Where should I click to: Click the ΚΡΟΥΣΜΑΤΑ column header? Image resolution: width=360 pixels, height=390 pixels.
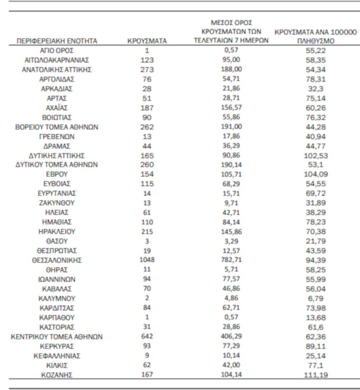click(147, 41)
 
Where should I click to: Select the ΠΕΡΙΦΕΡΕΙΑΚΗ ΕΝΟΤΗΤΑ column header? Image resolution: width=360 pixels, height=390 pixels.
click(57, 41)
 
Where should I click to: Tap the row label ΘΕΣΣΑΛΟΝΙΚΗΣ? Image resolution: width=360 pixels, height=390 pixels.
click(57, 260)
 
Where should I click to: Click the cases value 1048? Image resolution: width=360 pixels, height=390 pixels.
click(147, 260)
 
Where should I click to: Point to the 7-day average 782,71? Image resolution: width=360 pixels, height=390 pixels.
click(231, 260)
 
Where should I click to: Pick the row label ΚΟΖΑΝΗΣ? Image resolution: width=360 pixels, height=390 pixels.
click(57, 375)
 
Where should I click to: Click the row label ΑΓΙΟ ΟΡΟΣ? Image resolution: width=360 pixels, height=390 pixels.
click(57, 50)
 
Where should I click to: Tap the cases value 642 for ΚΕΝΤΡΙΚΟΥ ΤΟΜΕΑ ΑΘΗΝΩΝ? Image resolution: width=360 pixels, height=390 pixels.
click(147, 336)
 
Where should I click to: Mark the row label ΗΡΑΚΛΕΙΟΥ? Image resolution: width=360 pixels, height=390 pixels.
click(57, 231)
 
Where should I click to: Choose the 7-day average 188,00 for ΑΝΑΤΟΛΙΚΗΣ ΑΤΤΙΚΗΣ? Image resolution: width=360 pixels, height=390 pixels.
click(231, 69)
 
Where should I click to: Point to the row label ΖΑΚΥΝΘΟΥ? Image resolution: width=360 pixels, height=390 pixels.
click(57, 203)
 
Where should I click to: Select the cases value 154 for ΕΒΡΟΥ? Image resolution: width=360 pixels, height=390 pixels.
click(147, 174)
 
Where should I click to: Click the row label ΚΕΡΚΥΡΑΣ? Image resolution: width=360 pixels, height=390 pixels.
click(57, 346)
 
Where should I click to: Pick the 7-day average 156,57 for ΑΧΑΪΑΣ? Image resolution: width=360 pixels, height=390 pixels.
click(231, 108)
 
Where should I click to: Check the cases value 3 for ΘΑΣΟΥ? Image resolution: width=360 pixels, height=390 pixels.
click(147, 241)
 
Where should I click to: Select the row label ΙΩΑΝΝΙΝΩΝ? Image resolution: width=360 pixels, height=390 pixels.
click(57, 279)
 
